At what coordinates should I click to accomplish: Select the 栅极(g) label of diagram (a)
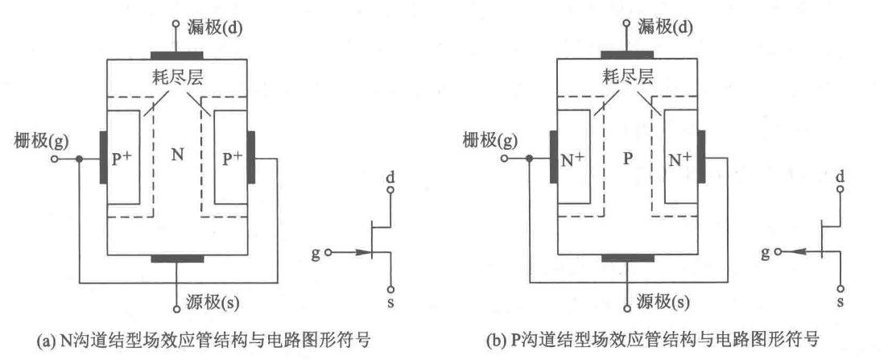click(x=35, y=142)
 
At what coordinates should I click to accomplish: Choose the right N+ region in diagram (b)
click(x=680, y=158)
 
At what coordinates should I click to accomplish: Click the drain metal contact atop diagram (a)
click(x=177, y=56)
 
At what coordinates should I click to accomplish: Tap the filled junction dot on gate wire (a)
click(x=78, y=159)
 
